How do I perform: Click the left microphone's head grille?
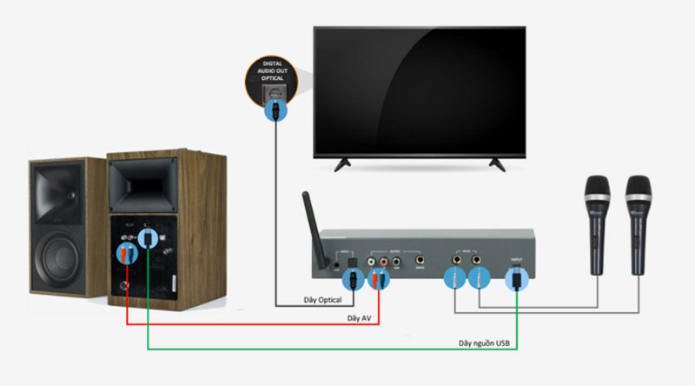coord(597,190)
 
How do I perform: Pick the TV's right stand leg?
coord(497,162)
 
